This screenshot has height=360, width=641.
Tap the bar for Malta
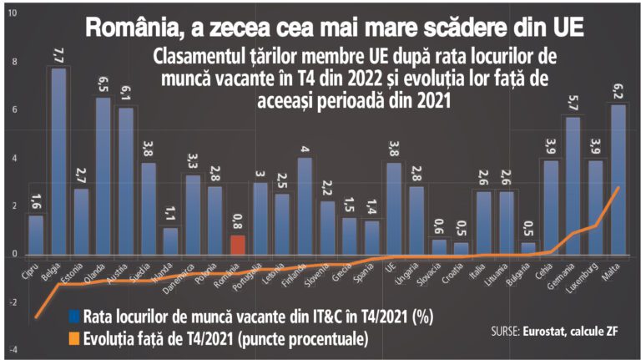[x=618, y=179]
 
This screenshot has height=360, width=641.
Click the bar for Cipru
[x=36, y=235]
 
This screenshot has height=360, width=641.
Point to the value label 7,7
[x=58, y=56]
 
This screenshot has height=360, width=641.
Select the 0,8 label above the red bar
[x=238, y=223]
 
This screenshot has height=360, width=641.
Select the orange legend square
[x=74, y=338]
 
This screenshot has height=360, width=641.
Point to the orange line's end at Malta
[x=618, y=188]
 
